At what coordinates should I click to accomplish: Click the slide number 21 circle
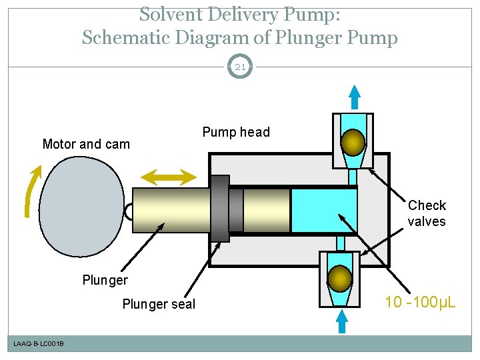point(240,67)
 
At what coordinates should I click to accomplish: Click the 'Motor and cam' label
point(86,144)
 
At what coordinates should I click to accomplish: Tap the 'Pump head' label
point(236,132)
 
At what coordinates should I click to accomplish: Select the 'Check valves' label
point(427,213)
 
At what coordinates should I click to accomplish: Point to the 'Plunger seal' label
point(159,305)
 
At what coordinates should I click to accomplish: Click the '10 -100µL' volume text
point(421,303)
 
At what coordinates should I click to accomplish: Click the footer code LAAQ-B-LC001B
point(39,343)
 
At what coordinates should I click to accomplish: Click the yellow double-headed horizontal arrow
point(170,176)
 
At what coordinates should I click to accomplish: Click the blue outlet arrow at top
point(355,97)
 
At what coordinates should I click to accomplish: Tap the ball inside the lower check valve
point(341,278)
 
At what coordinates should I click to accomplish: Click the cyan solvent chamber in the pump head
point(323,209)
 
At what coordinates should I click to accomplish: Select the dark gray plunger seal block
point(220,209)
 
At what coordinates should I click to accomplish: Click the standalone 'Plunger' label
point(105,280)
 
